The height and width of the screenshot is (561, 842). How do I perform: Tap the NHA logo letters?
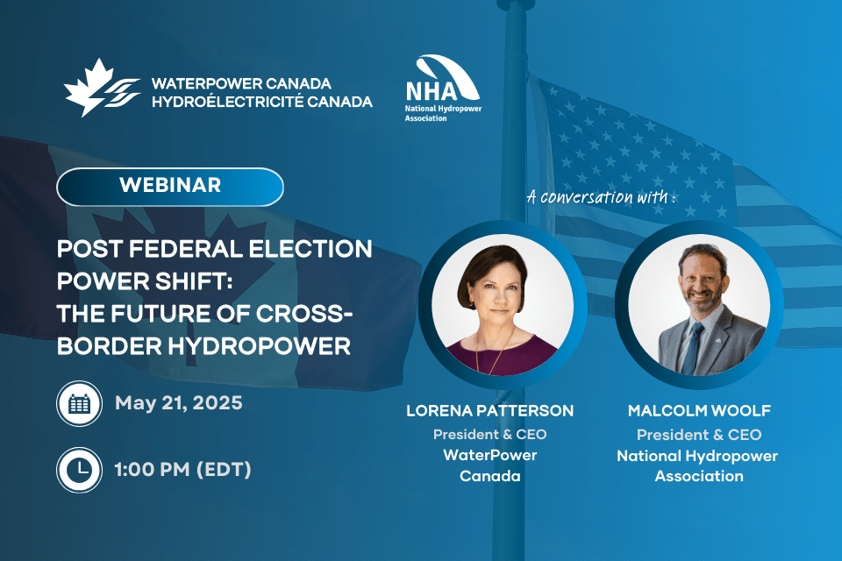pos(432,91)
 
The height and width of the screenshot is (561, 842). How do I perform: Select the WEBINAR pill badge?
pos(169,187)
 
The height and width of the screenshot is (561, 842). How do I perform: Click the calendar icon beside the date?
pos(80,404)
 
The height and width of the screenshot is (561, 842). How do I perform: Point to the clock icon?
pos(80,470)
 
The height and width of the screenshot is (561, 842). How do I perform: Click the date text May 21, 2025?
pos(179,403)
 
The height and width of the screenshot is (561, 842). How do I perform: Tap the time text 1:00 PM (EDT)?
pos(182,470)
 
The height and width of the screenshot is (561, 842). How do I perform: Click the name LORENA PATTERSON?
pos(489,411)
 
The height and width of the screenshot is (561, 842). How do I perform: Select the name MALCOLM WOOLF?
pos(699,411)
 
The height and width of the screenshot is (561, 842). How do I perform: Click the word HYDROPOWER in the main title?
pos(260,345)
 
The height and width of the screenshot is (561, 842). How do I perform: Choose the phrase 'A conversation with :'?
pos(601,197)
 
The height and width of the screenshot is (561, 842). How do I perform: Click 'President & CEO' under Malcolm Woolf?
pos(699,434)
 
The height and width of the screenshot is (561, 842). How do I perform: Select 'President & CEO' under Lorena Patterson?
pos(489,434)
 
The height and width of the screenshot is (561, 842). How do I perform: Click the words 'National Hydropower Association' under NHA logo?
pos(443,113)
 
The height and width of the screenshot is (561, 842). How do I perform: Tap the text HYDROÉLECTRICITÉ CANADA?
pos(262,102)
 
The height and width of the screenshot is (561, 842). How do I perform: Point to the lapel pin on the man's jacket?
pos(718,340)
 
